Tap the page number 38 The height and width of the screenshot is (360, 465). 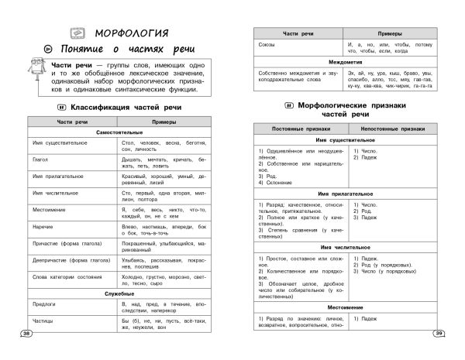click(x=27, y=334)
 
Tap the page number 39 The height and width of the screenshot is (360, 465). click(x=439, y=334)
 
